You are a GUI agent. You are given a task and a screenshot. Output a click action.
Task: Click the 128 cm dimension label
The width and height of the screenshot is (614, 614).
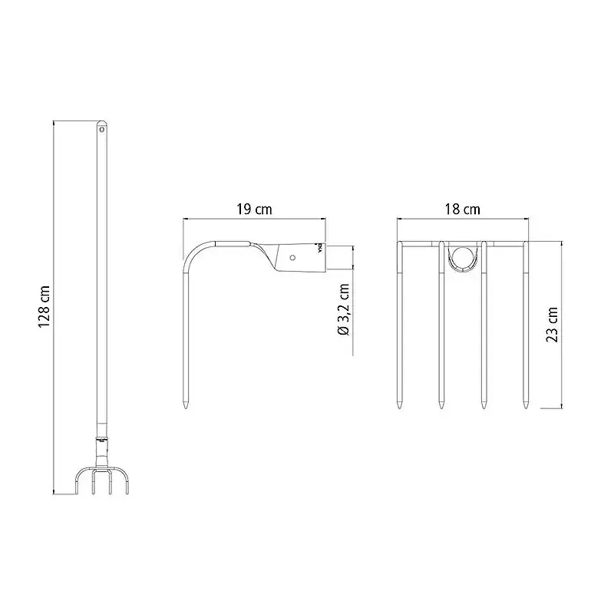tap(44, 307)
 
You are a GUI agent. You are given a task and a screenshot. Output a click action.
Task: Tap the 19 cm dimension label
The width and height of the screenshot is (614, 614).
tap(254, 209)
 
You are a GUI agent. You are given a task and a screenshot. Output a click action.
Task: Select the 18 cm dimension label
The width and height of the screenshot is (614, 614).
tap(462, 209)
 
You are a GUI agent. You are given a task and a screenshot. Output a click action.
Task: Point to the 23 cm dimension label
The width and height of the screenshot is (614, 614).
tap(552, 324)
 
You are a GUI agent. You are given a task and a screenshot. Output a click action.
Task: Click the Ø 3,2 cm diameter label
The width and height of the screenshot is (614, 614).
tap(343, 310)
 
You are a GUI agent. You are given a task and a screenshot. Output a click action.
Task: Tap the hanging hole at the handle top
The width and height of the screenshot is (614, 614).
tap(102, 128)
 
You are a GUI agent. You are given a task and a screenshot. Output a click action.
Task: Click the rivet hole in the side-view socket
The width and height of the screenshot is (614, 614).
tap(292, 257)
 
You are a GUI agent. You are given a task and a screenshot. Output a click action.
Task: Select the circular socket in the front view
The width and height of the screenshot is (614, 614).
tap(463, 257)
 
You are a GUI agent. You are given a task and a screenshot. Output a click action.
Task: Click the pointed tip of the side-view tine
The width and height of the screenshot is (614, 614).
tap(186, 408)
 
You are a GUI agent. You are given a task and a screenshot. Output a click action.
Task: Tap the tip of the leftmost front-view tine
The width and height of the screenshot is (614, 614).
tap(399, 408)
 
